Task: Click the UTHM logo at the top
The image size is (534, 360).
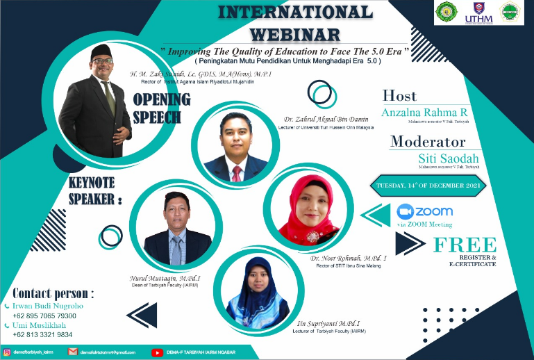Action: [x=483, y=13]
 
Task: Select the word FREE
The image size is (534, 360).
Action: [x=465, y=245]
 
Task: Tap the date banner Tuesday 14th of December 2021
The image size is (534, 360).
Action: [x=430, y=186]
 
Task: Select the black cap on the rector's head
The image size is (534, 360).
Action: [x=103, y=50]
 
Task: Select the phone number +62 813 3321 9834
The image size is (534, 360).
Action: [x=42, y=335]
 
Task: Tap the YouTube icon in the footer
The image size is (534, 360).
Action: [x=156, y=352]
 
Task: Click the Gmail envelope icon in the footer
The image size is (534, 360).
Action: [x=72, y=352]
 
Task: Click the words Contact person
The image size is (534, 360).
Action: [x=53, y=293]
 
